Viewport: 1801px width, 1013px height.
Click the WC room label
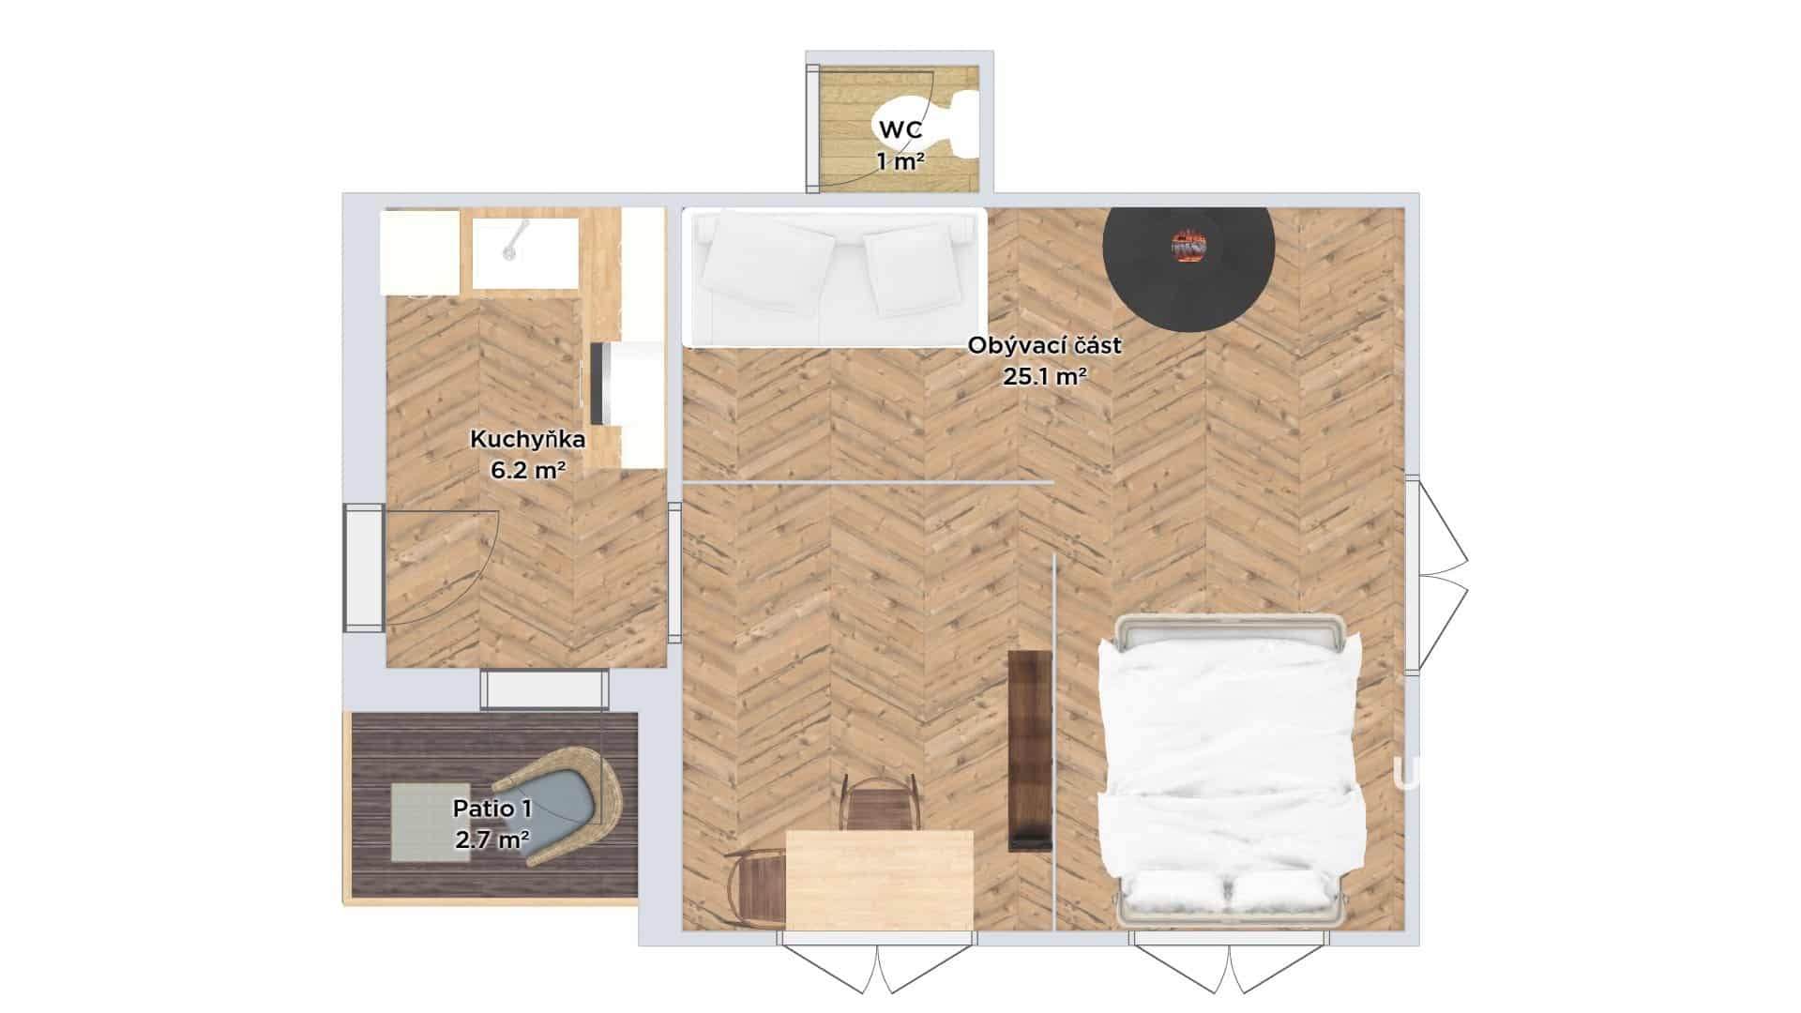[x=900, y=129]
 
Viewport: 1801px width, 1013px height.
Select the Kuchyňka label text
[x=528, y=439]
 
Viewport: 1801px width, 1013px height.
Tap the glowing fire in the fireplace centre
[x=1188, y=247]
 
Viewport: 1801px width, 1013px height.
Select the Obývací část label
[x=1044, y=345]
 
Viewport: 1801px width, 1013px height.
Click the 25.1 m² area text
[x=1045, y=377]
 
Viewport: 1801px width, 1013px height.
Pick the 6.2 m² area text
[x=528, y=470]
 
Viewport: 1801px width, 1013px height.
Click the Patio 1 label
[x=492, y=809]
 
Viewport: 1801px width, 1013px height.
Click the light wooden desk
[x=879, y=880]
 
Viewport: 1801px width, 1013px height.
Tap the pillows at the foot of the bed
[x=1230, y=891]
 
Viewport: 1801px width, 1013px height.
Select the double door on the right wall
[x=1436, y=576]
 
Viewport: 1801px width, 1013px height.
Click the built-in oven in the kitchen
[x=600, y=384]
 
